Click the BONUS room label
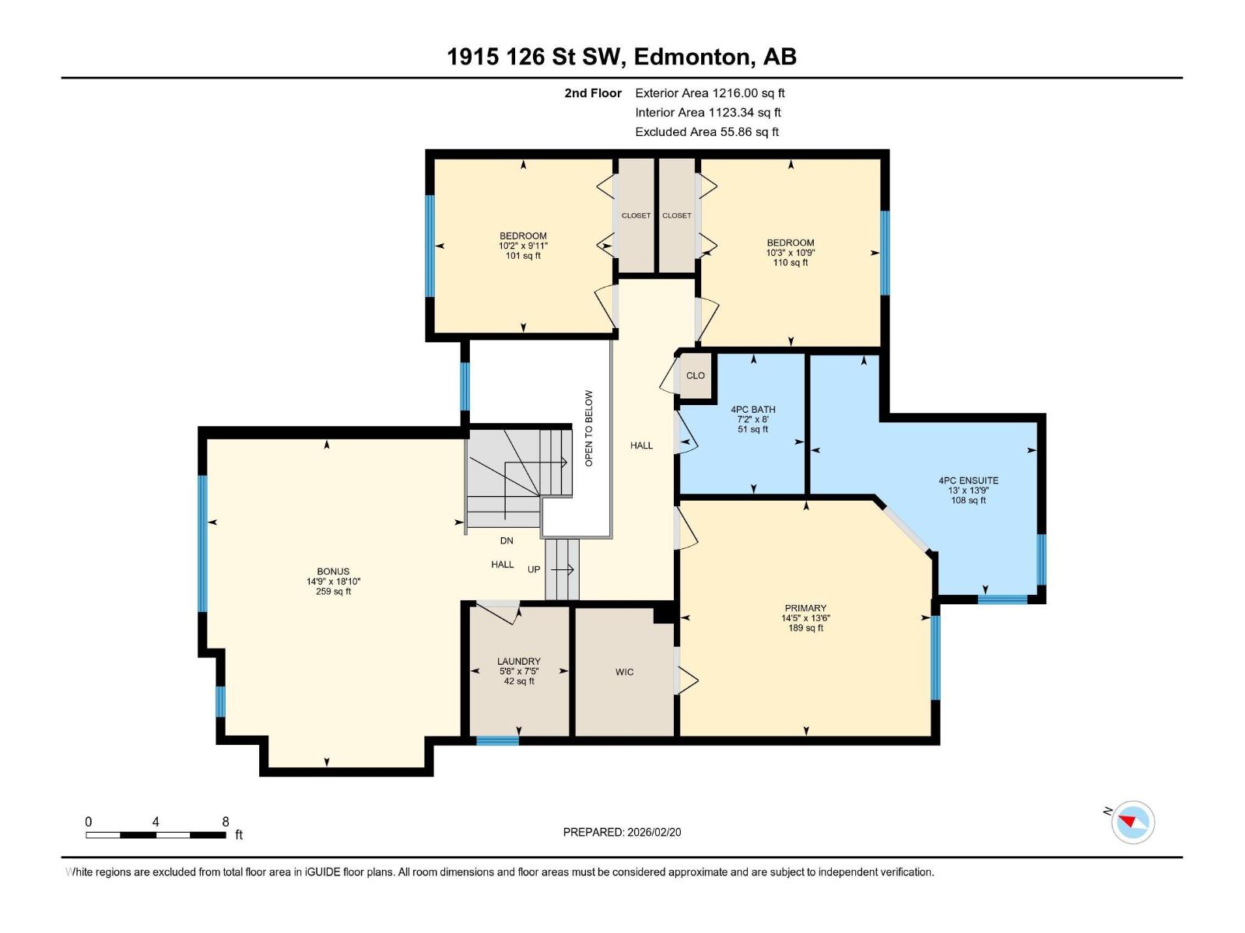(333, 571)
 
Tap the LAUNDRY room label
(519, 662)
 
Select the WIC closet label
(624, 672)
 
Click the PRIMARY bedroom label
(805, 608)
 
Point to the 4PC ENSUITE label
(968, 480)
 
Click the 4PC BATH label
(752, 410)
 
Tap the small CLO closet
(695, 376)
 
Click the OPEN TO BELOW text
(589, 428)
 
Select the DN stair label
(507, 540)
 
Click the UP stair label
(534, 569)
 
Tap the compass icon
(1132, 822)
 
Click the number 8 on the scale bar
(226, 822)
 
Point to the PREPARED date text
(622, 832)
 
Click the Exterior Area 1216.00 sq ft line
(710, 93)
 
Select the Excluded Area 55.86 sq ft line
(707, 131)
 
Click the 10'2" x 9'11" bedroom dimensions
(523, 246)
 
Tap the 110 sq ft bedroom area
(791, 263)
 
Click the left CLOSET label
(636, 215)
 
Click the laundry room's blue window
(497, 741)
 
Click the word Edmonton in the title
(692, 57)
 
